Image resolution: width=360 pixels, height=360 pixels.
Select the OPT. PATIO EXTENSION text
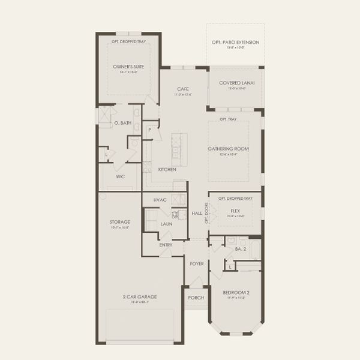click(235, 43)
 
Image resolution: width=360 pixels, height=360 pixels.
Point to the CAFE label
click(183, 89)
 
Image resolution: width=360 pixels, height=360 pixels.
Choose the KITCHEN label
click(167, 170)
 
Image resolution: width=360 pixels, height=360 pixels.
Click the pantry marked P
click(149, 129)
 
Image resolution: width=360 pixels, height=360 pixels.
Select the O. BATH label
click(122, 123)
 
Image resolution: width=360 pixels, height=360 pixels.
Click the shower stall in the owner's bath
click(106, 114)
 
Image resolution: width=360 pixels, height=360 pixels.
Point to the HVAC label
click(160, 200)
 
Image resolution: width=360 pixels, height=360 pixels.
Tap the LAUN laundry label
click(166, 224)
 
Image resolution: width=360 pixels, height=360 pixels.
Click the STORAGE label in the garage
click(120, 221)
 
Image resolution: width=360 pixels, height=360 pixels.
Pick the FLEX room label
click(235, 211)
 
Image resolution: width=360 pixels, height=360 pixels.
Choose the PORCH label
click(196, 298)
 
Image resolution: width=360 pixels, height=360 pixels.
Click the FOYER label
click(196, 263)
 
